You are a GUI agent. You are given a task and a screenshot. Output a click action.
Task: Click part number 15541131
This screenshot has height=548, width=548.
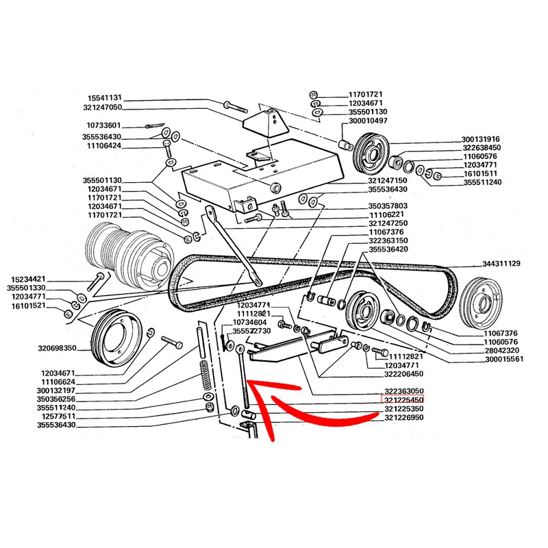(104, 97)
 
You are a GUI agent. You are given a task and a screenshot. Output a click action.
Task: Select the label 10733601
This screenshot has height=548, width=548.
(104, 125)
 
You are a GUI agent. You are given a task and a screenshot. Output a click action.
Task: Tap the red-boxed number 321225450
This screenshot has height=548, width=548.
(403, 399)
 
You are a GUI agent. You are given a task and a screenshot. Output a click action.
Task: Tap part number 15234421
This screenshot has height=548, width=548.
(29, 279)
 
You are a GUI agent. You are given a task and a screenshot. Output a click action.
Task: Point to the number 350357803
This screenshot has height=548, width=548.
(388, 206)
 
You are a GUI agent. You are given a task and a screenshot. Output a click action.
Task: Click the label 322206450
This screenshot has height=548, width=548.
(404, 375)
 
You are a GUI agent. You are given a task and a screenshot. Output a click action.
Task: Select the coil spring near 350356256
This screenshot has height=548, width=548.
(203, 376)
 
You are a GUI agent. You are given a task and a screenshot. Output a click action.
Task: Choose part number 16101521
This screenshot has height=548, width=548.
(29, 306)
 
